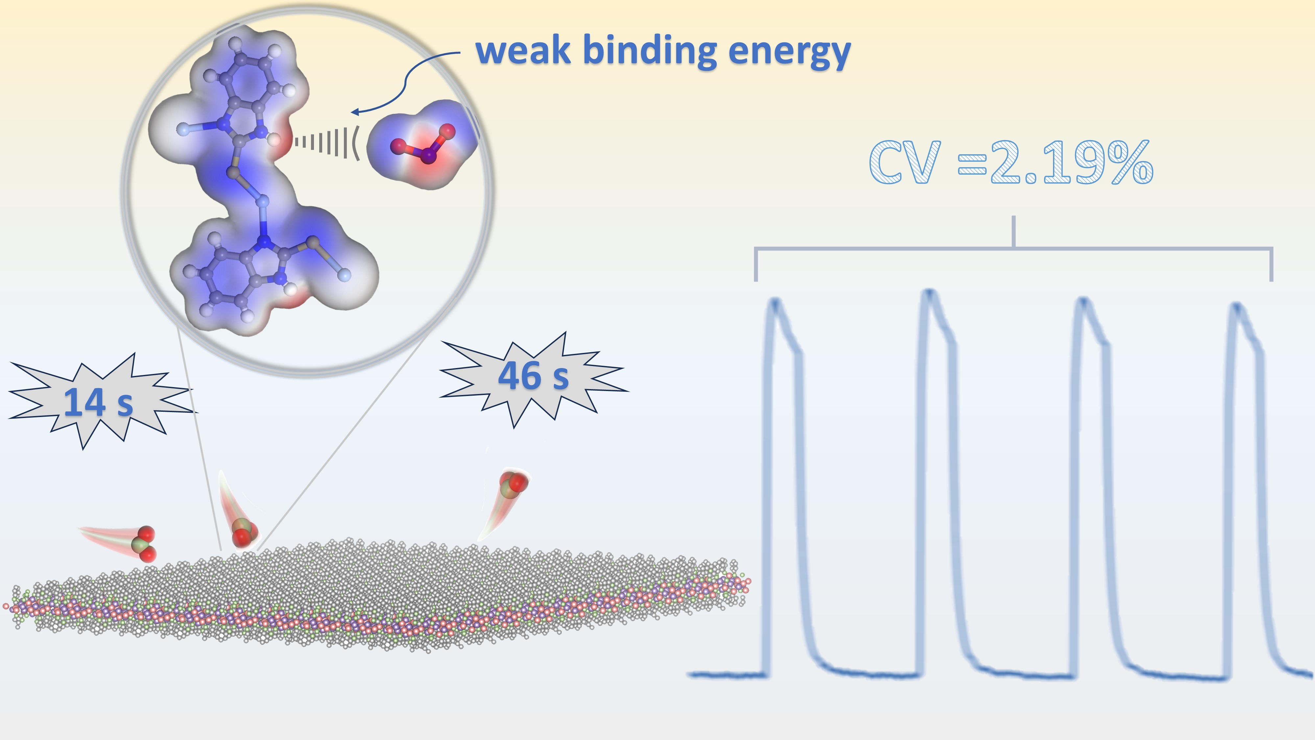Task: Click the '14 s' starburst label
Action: point(98,403)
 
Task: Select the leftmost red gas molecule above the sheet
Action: point(143,544)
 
